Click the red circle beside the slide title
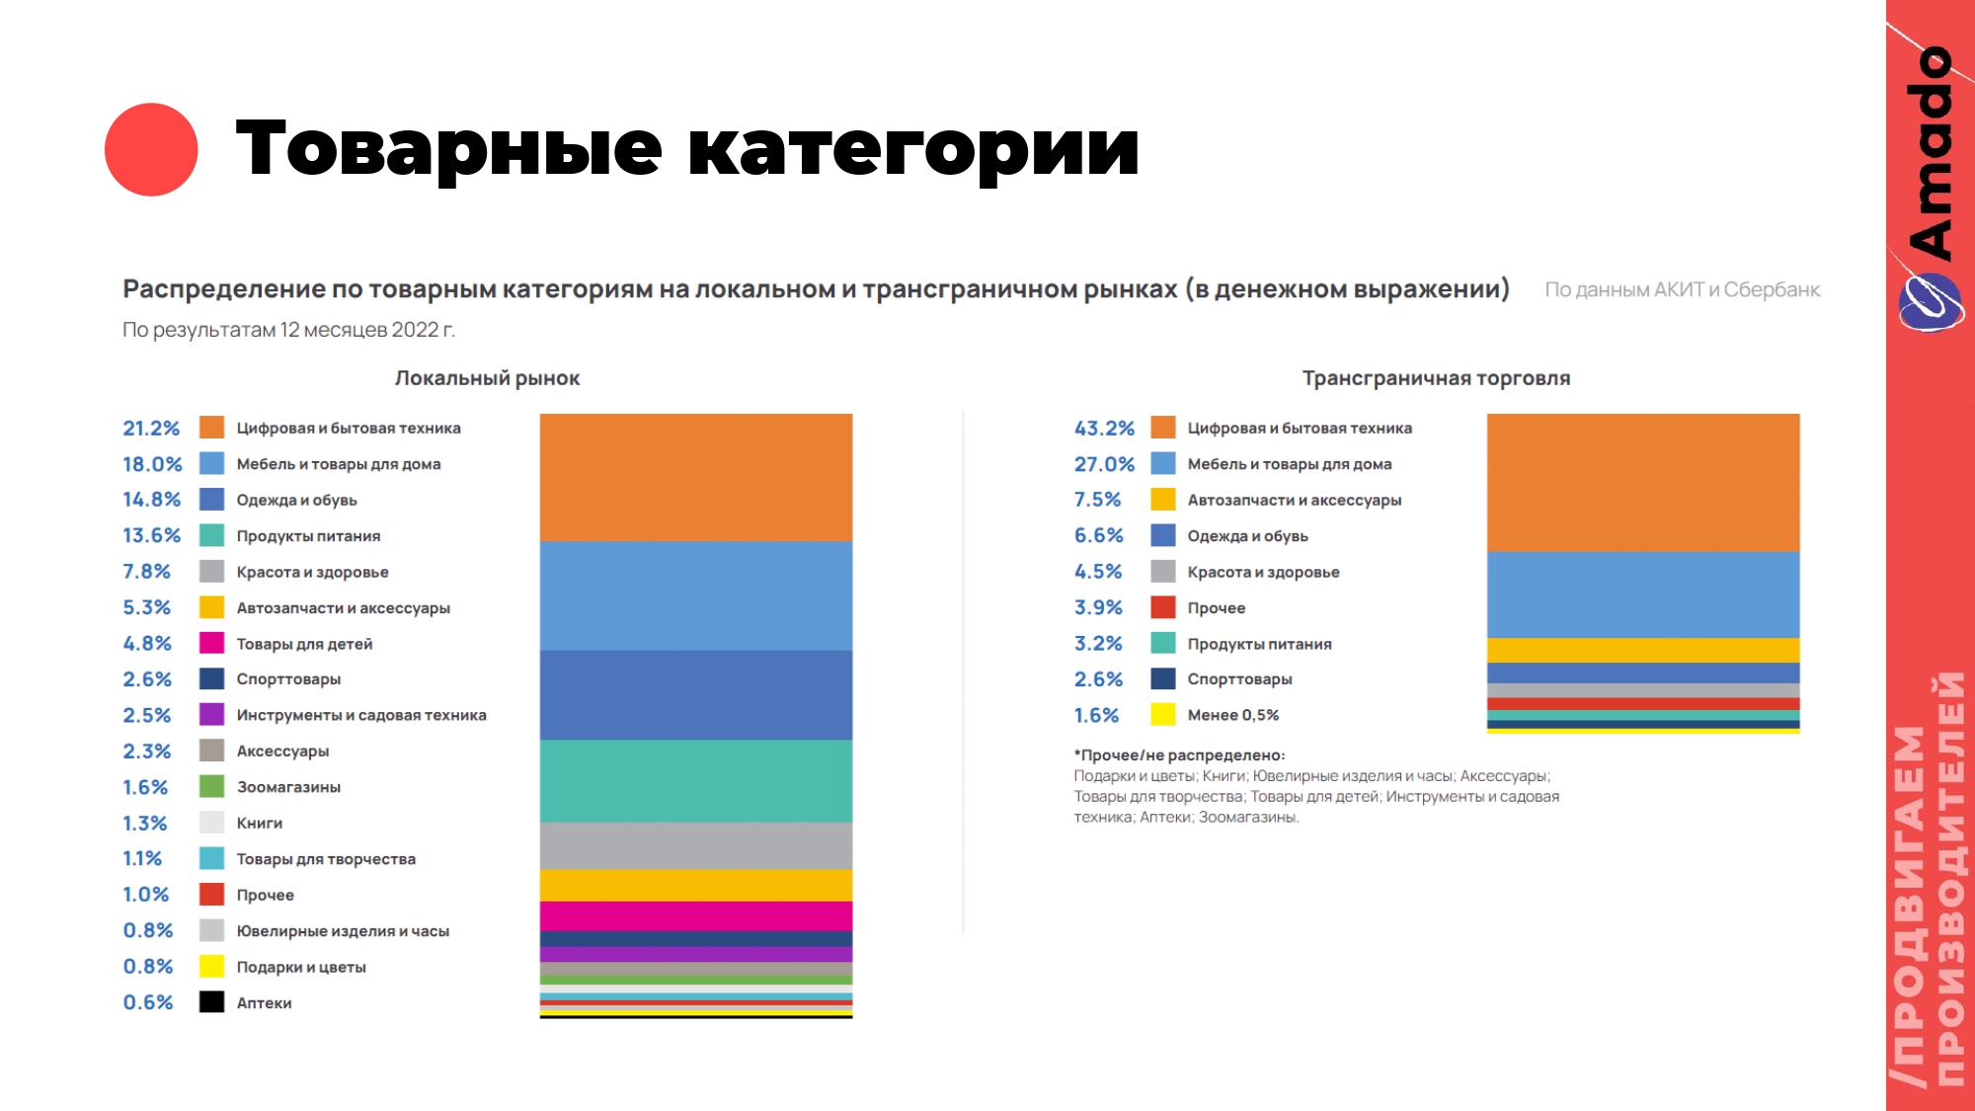pos(151,149)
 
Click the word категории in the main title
pos(912,149)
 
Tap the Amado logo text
pos(1931,153)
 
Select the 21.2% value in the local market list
pos(151,429)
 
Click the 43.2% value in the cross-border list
pos(1104,429)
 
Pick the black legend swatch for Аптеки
pos(211,1002)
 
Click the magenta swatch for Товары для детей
pos(211,643)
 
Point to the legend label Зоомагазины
pos(288,787)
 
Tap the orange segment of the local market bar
pos(695,477)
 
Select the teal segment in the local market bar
pos(695,780)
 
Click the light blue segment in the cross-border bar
pos(1642,594)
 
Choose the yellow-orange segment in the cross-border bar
pos(1642,650)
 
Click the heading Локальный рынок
pos(487,378)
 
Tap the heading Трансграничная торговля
pos(1436,378)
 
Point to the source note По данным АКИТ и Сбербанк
pos(1682,290)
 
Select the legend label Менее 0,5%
pos(1232,715)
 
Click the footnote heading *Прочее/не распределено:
pos(1179,755)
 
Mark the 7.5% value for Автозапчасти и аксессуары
pos(1097,500)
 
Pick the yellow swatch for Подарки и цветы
pos(211,966)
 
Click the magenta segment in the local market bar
pos(695,915)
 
